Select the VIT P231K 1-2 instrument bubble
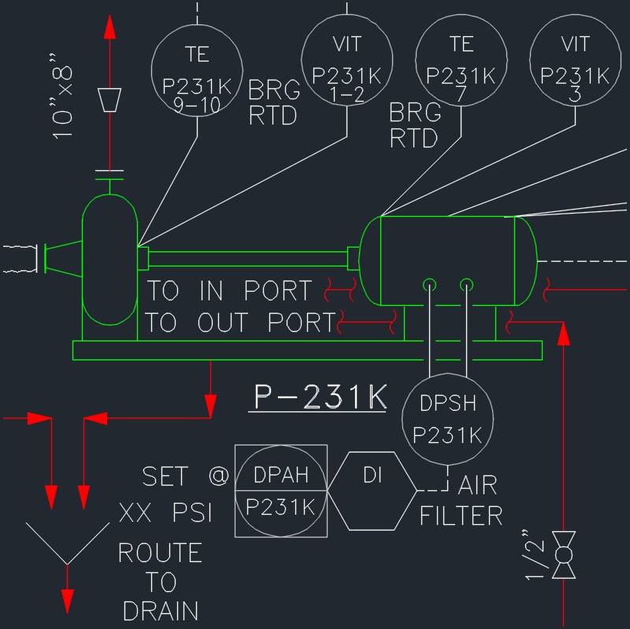346,60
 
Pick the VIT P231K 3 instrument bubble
574,60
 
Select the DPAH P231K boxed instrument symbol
281,490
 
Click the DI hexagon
372,490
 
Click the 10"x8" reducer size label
65,95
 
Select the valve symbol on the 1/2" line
564,556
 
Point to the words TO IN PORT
229,291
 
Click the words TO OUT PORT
240,322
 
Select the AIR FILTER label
461,501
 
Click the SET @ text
186,476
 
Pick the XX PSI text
166,514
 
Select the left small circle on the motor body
429,284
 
